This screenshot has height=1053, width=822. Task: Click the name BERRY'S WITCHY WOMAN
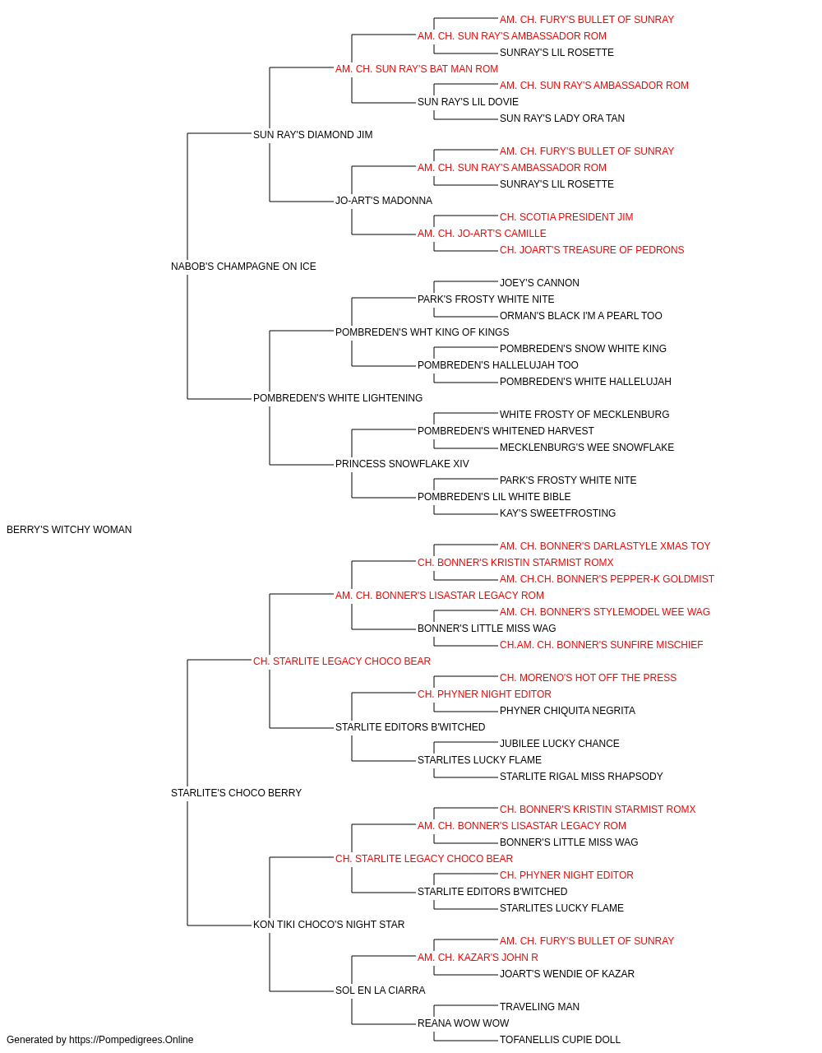69,530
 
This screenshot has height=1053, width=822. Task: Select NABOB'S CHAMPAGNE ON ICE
243,267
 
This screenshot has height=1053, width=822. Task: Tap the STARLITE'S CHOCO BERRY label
236,793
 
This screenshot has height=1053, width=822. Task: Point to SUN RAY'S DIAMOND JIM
312,135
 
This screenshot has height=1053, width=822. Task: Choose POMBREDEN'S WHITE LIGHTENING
338,398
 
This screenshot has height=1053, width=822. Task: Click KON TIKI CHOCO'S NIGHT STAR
329,924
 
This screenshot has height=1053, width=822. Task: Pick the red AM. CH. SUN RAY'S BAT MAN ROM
417,69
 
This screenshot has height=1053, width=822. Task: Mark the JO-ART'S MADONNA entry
384,201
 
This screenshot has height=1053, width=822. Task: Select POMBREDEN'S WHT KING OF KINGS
423,332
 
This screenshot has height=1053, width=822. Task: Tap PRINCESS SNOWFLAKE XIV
402,464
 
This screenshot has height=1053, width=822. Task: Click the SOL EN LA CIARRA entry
381,990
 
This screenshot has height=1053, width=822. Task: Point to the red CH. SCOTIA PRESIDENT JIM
566,217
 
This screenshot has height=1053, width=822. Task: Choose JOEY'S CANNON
539,282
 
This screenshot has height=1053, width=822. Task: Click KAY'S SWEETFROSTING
557,513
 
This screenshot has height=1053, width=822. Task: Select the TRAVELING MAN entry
539,1006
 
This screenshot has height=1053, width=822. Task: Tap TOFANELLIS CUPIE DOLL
560,1040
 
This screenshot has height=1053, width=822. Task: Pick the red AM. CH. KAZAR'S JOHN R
478,957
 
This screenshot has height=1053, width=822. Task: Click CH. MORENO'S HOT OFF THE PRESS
589,677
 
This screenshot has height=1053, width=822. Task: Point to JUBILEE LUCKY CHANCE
560,744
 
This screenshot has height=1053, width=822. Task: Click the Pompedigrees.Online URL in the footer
132,1040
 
